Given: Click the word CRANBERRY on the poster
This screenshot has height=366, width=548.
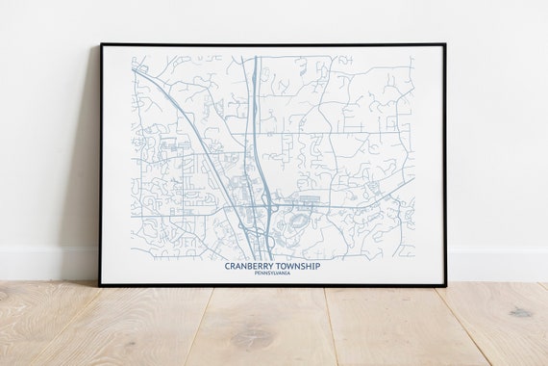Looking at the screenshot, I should (251, 266).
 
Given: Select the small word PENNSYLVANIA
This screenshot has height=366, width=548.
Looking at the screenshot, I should (273, 274).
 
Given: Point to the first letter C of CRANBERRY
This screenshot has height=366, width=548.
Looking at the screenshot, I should (227, 266).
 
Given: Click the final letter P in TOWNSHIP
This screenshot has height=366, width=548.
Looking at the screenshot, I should (318, 266).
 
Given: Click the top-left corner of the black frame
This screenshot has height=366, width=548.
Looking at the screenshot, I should (101, 43).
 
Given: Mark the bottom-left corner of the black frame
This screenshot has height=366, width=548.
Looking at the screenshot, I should (100, 286).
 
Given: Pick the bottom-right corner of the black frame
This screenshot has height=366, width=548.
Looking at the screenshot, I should (447, 286).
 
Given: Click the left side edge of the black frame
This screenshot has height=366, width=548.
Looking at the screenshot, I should (101, 164).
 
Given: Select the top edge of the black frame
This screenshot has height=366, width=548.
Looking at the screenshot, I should (274, 43).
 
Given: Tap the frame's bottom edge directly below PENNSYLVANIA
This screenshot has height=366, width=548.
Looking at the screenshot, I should (273, 285).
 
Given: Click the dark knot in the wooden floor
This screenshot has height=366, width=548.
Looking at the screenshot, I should (520, 312).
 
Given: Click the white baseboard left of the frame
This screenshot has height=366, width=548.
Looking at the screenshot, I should (48, 264).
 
